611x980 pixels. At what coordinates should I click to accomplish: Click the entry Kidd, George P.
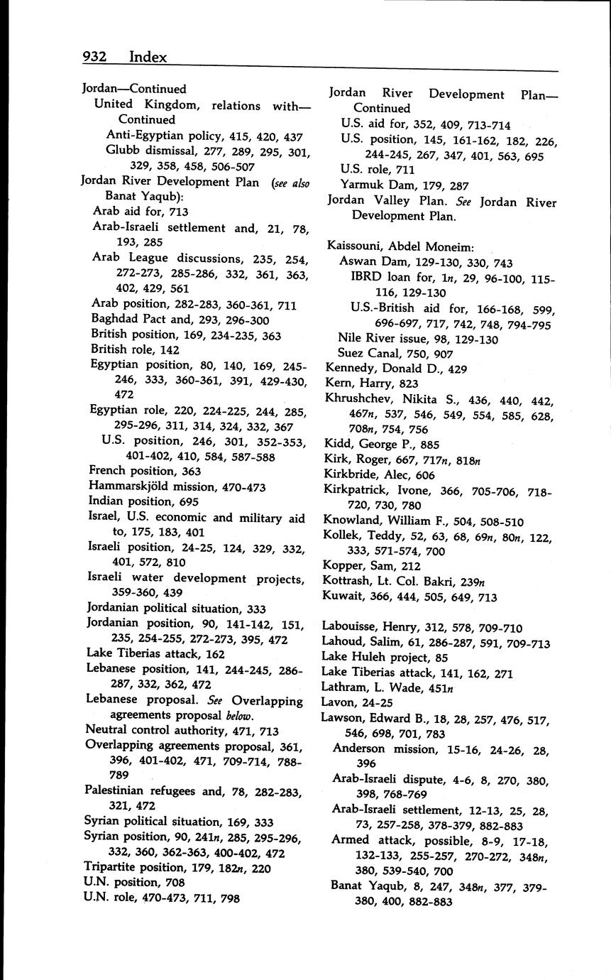point(371,445)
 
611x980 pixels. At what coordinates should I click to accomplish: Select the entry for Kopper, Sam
point(363,566)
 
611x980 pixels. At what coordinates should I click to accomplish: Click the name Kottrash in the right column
point(346,581)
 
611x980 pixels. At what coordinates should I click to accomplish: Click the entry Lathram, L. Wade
point(375,687)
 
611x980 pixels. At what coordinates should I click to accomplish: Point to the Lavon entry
point(339,702)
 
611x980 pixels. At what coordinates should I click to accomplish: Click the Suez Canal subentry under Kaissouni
point(370,353)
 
